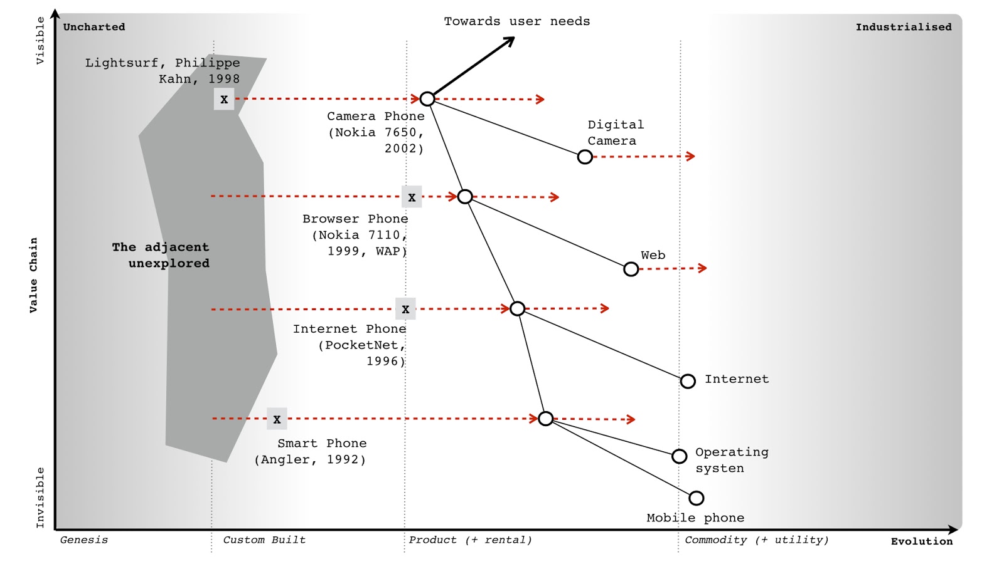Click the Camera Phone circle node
427,99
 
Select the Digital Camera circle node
585,157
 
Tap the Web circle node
631,269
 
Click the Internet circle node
688,381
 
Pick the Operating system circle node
679,456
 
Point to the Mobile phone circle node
696,498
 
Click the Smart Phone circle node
546,419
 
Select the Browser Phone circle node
465,197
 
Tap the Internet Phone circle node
518,308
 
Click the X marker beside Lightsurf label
224,100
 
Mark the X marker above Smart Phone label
277,419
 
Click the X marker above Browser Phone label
412,197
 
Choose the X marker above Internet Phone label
405,309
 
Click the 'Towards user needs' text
517,21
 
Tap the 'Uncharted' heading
94,27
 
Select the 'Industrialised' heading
904,27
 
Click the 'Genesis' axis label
84,540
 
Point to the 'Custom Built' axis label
264,540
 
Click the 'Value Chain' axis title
33,274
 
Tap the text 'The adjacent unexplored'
161,255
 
